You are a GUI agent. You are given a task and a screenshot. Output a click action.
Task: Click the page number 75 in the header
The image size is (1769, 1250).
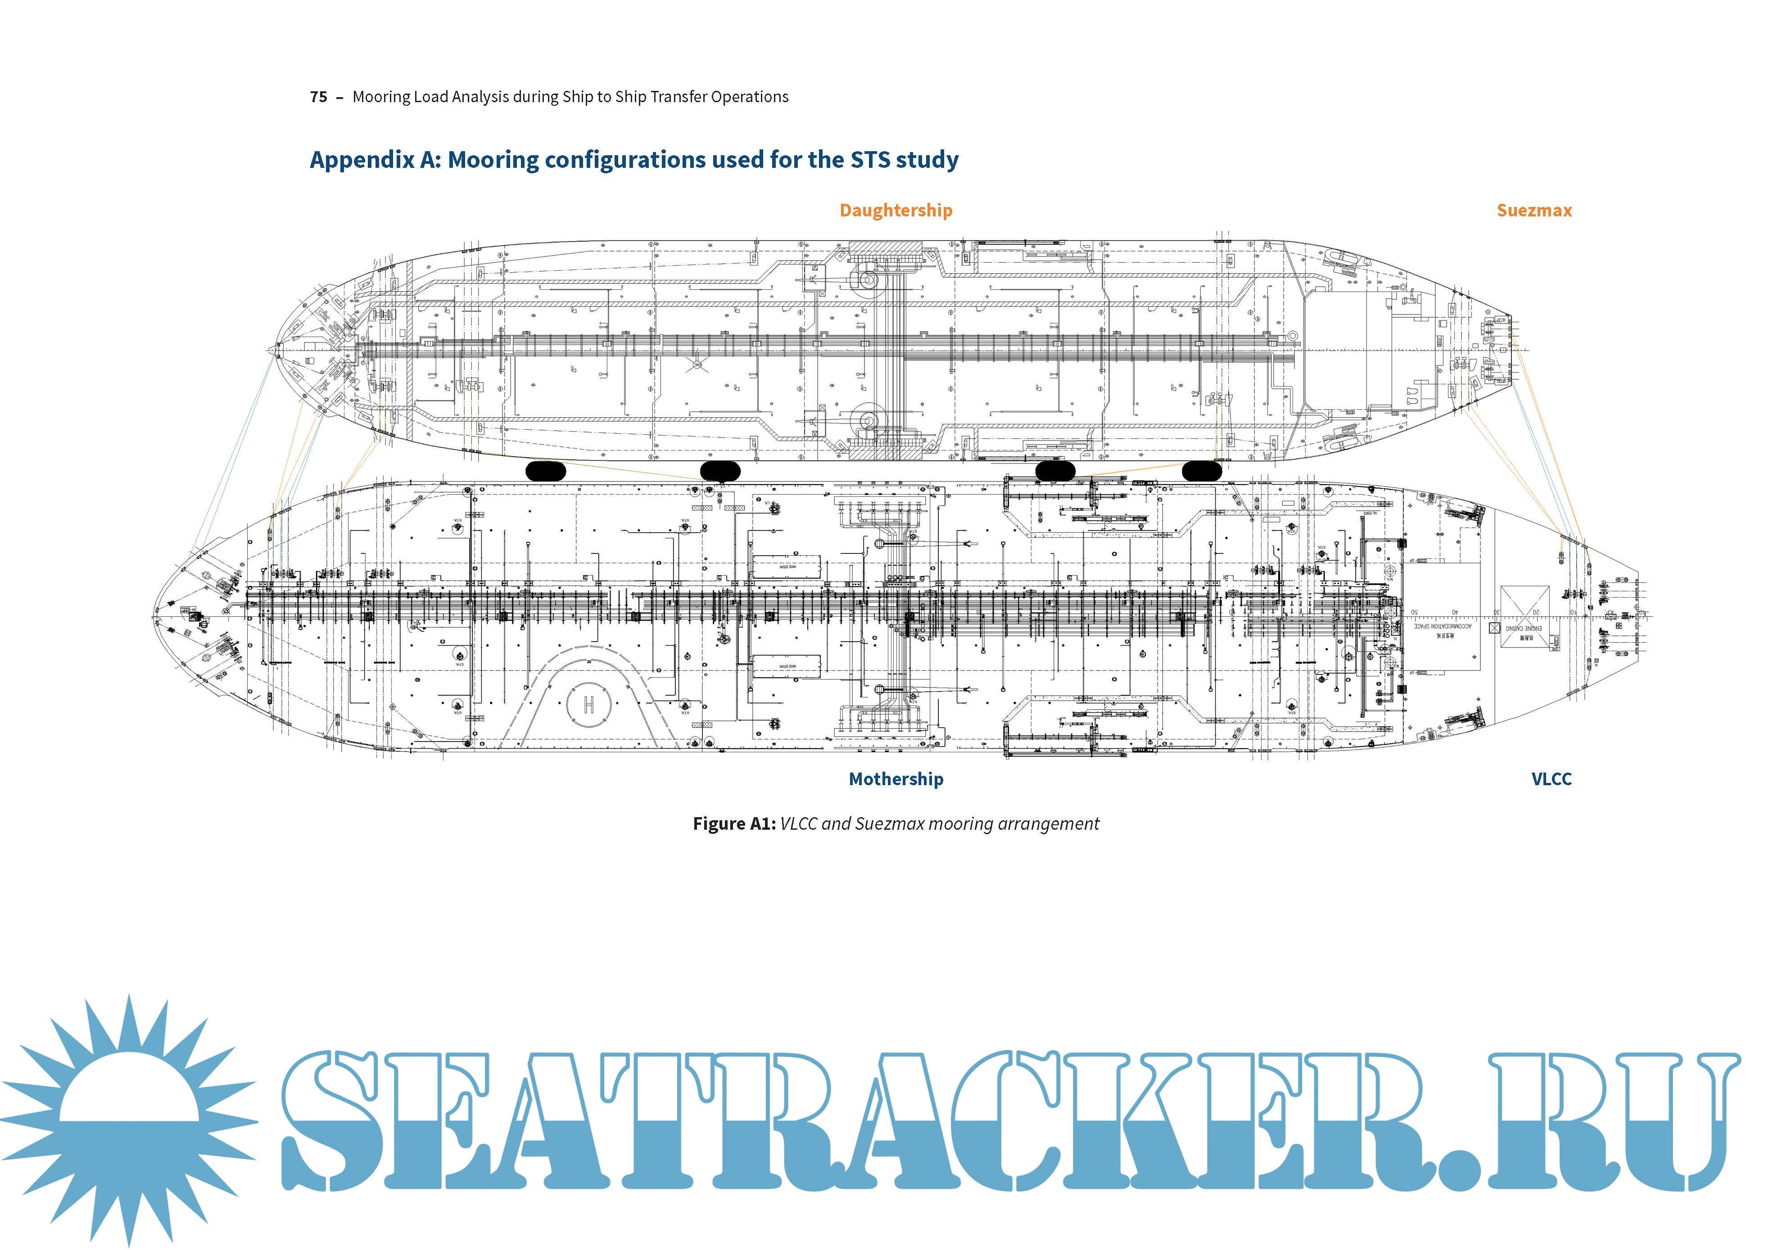(x=318, y=97)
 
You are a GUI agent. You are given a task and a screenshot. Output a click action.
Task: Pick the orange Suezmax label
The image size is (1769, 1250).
(x=1534, y=210)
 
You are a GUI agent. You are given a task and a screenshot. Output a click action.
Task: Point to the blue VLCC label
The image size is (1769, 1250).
(x=1551, y=778)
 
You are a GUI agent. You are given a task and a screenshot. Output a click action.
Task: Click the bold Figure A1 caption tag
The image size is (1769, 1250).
(x=733, y=823)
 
